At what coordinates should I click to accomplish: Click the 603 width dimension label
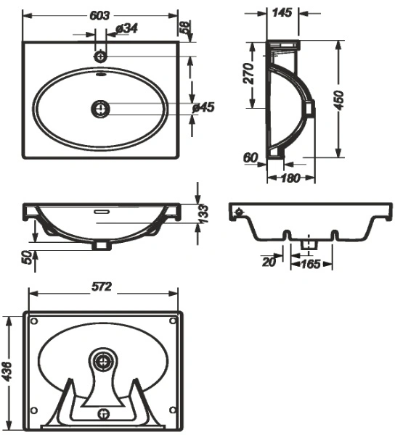point(99,15)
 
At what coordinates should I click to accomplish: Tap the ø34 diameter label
point(126,28)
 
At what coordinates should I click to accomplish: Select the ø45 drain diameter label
point(204,107)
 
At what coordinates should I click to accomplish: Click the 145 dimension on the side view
point(282,12)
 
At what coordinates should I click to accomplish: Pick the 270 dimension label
point(248,73)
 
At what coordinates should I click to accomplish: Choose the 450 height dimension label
point(339,100)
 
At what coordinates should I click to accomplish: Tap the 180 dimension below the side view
point(290,178)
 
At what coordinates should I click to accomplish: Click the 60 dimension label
point(251,158)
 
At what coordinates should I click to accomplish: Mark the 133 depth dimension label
point(204,214)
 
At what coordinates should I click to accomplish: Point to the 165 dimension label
point(311,264)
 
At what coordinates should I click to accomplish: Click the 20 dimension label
point(269,262)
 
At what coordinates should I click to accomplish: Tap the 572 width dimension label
point(102,286)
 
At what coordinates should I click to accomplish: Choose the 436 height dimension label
point(7,371)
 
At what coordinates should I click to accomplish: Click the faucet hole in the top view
point(100,57)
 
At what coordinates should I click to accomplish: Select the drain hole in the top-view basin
point(100,109)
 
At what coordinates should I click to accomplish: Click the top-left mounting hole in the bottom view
point(34,321)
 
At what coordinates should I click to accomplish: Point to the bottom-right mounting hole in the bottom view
point(173,410)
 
